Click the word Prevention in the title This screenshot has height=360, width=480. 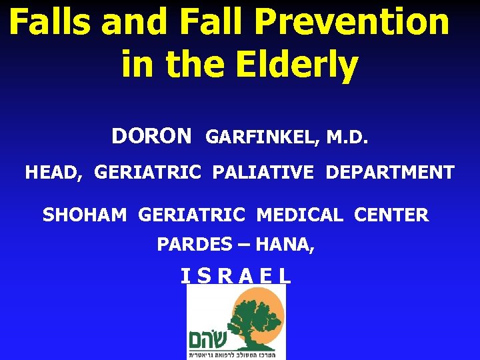[352, 22]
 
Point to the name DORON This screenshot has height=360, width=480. [151, 137]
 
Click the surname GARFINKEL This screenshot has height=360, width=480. [263, 137]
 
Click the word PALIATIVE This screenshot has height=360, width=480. [263, 173]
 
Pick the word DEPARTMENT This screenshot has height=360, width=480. [390, 173]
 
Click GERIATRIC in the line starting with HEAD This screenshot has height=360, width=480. [147, 173]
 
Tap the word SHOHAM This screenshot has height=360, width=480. [85, 215]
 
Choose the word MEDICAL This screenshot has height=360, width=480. [299, 215]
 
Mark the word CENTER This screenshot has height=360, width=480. [391, 215]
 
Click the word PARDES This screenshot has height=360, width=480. [194, 245]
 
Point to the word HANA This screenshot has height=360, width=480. [285, 245]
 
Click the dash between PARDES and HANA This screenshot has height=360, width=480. [243, 245]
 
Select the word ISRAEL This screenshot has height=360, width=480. [236, 276]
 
